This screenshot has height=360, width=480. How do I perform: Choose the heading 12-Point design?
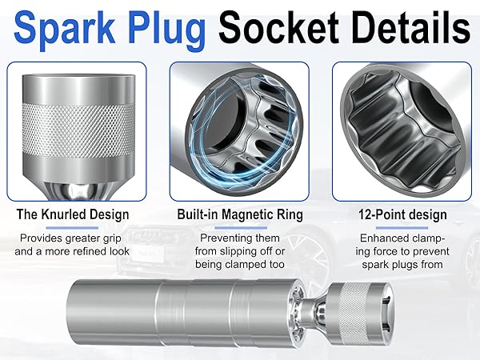(x=401, y=214)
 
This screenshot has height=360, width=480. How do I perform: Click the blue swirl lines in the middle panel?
(x=220, y=128)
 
